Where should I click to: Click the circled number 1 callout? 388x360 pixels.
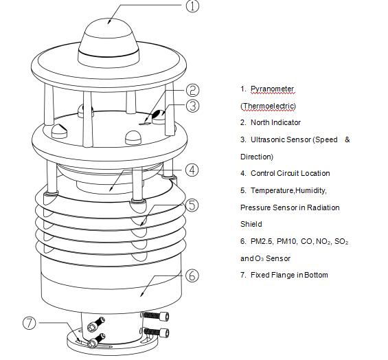193,7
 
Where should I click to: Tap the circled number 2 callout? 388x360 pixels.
193,90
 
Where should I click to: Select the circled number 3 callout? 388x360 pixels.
193,106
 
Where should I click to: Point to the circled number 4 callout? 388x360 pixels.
193,169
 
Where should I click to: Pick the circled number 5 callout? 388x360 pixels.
193,204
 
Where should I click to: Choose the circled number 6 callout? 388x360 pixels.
193,275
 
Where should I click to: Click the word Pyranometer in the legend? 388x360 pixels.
272,89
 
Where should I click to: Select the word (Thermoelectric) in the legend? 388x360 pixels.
268,106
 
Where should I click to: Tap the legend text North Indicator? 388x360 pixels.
275,122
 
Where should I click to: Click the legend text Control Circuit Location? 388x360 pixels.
290,173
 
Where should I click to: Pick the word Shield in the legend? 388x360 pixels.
251,224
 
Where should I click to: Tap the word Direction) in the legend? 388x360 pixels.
257,157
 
